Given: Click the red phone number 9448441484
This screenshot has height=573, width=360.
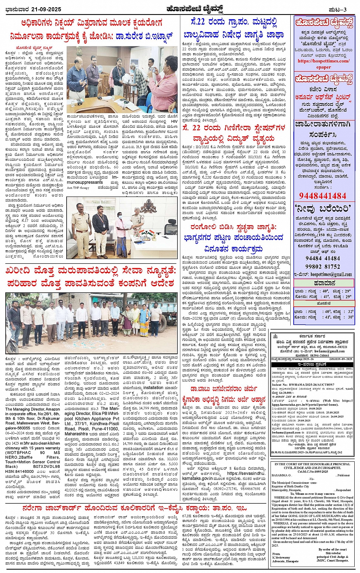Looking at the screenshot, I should click(323, 196).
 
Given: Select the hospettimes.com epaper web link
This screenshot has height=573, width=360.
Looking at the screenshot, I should click(323, 64).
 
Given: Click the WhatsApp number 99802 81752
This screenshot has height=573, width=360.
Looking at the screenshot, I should click(323, 267).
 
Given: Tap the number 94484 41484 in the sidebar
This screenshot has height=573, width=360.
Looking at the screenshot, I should click(323, 258).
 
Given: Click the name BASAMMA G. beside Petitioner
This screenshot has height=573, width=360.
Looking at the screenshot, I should click(282, 475).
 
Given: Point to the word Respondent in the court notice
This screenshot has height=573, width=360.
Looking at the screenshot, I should click(343, 490).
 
